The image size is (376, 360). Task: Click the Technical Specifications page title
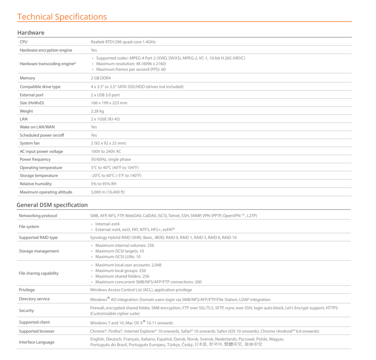[62, 17]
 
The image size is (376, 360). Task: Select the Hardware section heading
[31, 33]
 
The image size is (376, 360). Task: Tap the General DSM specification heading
[52, 205]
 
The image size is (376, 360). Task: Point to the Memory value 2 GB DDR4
[100, 78]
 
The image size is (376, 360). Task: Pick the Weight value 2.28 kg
[97, 111]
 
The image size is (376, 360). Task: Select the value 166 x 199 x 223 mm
[109, 103]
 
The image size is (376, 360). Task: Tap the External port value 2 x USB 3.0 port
[105, 95]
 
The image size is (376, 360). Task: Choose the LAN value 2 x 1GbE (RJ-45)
[105, 119]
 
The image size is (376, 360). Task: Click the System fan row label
[30, 143]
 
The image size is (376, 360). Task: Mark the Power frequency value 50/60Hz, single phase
[111, 159]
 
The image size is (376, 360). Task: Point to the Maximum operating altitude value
[108, 192]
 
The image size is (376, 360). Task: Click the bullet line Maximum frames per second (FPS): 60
[131, 69]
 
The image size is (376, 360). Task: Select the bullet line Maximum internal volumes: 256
[124, 245]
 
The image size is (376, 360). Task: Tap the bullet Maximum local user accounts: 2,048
[128, 265]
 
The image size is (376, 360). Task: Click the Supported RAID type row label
[38, 237]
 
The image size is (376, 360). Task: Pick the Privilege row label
[27, 290]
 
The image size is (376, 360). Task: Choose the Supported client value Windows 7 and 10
[132, 323]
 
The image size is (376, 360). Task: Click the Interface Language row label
[36, 342]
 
